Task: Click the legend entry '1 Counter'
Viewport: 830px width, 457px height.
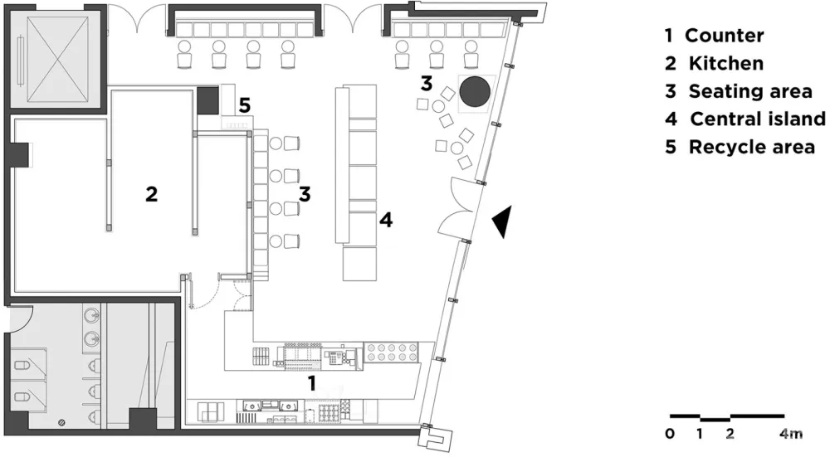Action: (x=714, y=36)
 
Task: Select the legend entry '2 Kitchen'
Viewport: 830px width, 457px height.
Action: (x=714, y=63)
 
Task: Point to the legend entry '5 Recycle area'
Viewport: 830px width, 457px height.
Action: (x=740, y=147)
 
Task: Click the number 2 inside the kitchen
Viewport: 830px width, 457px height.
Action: (x=151, y=194)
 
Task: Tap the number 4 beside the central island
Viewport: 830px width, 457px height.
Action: (x=385, y=220)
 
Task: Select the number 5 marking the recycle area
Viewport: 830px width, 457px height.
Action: (x=244, y=105)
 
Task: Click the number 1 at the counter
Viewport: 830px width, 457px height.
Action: (x=312, y=382)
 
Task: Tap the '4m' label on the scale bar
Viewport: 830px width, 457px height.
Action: (x=791, y=434)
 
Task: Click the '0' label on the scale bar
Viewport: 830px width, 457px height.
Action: (x=670, y=434)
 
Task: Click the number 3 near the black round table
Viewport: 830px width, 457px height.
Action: (x=427, y=83)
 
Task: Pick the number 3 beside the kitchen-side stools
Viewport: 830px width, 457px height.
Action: (x=305, y=194)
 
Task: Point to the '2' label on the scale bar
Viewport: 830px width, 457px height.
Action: (x=730, y=434)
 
